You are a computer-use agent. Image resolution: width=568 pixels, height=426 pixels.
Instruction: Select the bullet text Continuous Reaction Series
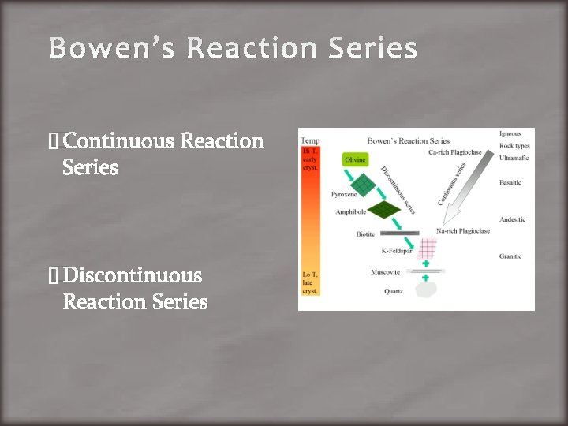point(163,154)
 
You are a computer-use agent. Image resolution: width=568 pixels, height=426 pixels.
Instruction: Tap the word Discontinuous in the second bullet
point(132,275)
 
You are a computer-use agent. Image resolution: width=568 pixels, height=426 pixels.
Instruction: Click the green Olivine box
point(355,159)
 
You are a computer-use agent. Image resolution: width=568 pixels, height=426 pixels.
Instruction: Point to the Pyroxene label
point(344,194)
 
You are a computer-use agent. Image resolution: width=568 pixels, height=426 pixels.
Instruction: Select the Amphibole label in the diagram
point(349,212)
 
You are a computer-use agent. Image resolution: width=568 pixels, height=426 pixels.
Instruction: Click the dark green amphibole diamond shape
point(386,209)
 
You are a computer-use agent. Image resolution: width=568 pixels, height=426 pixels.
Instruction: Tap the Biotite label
point(364,234)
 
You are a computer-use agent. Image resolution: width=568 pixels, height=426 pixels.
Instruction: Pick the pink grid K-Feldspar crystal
point(427,250)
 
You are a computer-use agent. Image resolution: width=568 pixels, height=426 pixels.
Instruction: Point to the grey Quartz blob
point(427,289)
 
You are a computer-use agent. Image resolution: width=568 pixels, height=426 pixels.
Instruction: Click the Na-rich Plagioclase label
point(463,231)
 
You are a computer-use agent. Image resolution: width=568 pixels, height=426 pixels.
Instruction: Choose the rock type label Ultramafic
point(514,158)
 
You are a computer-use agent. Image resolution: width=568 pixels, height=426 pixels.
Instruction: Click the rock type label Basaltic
point(510,182)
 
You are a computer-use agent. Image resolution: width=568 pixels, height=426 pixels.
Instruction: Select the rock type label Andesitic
point(512,219)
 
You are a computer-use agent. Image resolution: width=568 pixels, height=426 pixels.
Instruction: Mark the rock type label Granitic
point(510,256)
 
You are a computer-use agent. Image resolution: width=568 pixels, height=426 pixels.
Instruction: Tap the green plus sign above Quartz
point(426,278)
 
